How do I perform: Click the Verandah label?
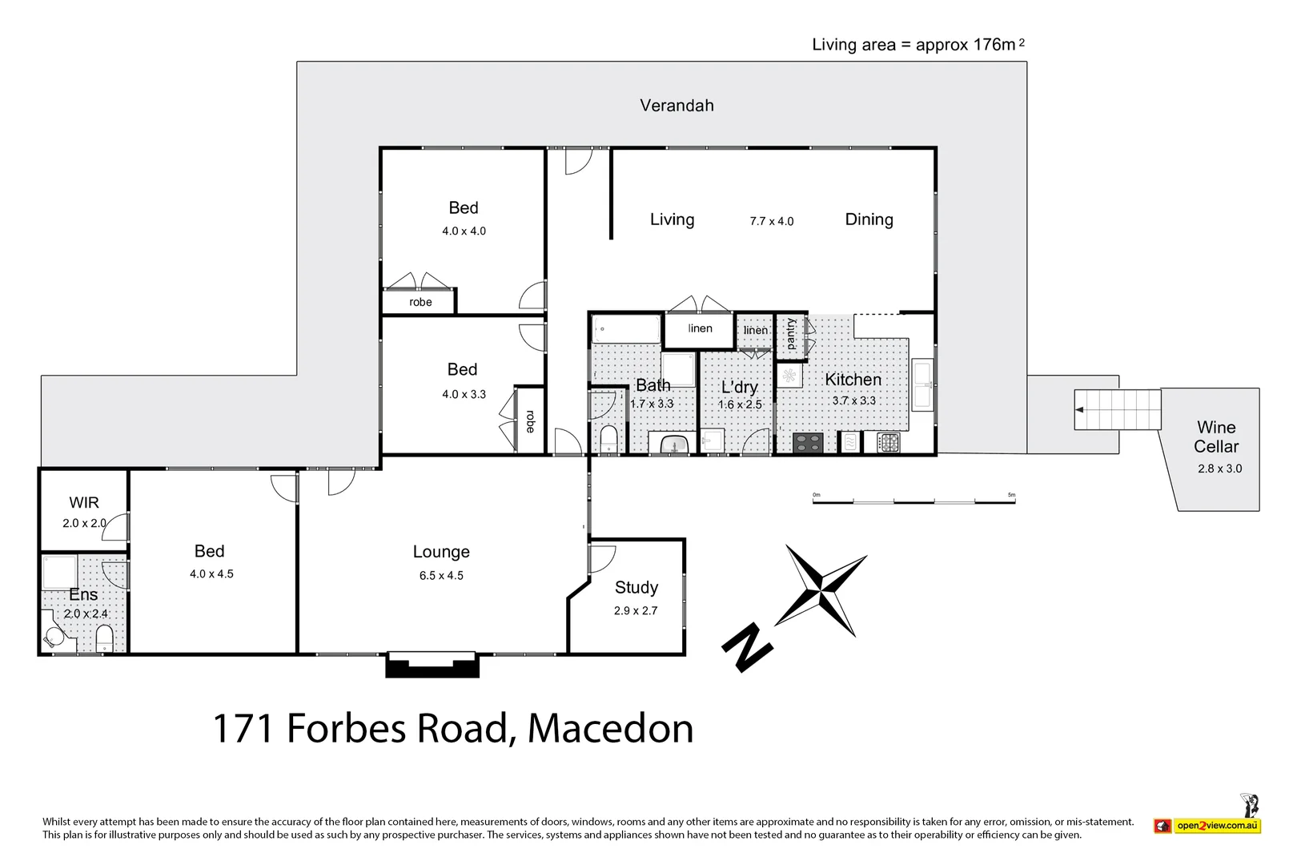[x=677, y=106]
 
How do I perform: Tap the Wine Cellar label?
[x=1215, y=437]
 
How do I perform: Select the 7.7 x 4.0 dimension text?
[x=771, y=222]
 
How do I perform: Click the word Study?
[x=636, y=588]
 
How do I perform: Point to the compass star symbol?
[x=821, y=591]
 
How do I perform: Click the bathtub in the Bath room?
[x=626, y=330]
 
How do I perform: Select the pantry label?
[x=791, y=334]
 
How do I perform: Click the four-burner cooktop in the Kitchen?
[x=808, y=443]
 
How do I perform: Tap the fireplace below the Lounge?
[x=432, y=664]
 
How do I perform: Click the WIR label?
[x=84, y=503]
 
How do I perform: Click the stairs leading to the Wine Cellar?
[x=1117, y=409]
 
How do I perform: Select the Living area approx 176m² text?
[x=918, y=45]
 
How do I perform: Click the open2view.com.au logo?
[x=1208, y=826]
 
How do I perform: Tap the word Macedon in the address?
[x=610, y=729]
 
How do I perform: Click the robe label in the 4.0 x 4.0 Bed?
[x=420, y=303]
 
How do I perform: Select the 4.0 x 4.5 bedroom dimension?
[x=211, y=574]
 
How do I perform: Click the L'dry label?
[x=739, y=388]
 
